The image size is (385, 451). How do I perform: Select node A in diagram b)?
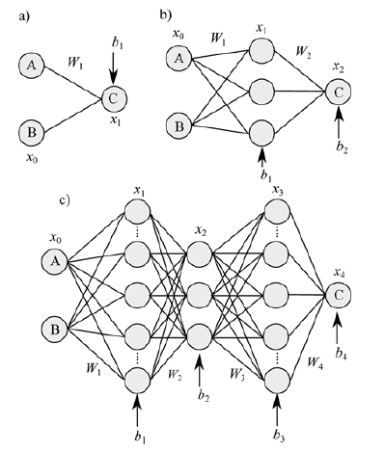point(179,60)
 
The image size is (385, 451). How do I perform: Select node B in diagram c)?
point(54,330)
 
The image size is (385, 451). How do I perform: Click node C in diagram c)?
point(337,295)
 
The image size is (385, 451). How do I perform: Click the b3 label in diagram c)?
point(280,440)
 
